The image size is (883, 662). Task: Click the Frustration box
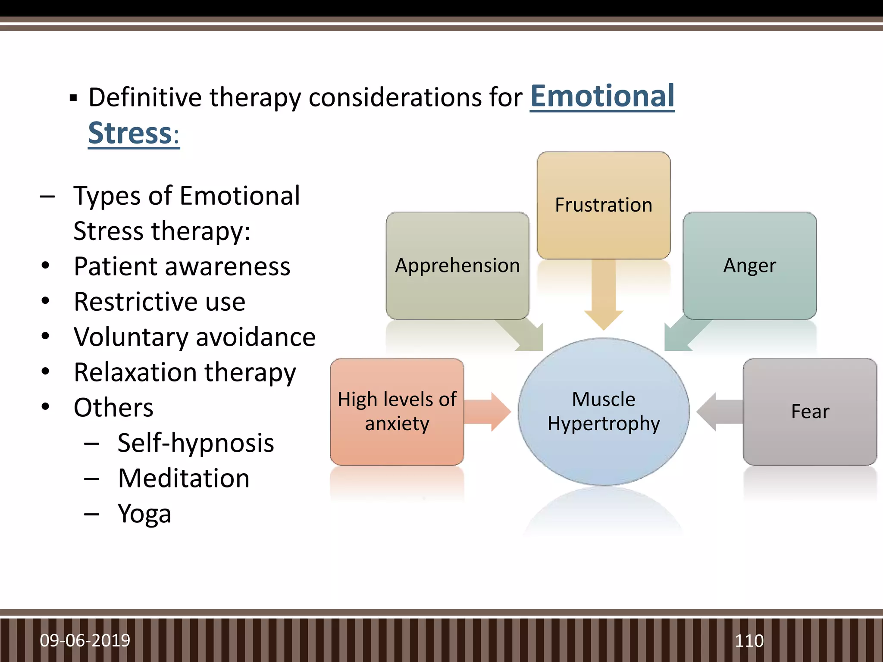click(x=603, y=205)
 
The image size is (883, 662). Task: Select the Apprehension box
click(x=457, y=265)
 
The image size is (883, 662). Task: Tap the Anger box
click(x=749, y=265)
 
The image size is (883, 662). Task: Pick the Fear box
click(x=810, y=412)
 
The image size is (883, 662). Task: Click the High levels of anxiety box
click(x=397, y=412)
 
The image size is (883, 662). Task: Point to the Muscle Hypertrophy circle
click(x=603, y=412)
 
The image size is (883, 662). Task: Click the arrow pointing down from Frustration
click(x=603, y=297)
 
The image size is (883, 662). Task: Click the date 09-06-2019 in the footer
click(x=85, y=640)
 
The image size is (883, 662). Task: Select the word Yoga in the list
click(x=144, y=514)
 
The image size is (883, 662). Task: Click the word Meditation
click(x=184, y=478)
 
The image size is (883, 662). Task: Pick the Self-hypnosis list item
click(x=196, y=443)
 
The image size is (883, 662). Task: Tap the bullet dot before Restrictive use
click(x=45, y=301)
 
